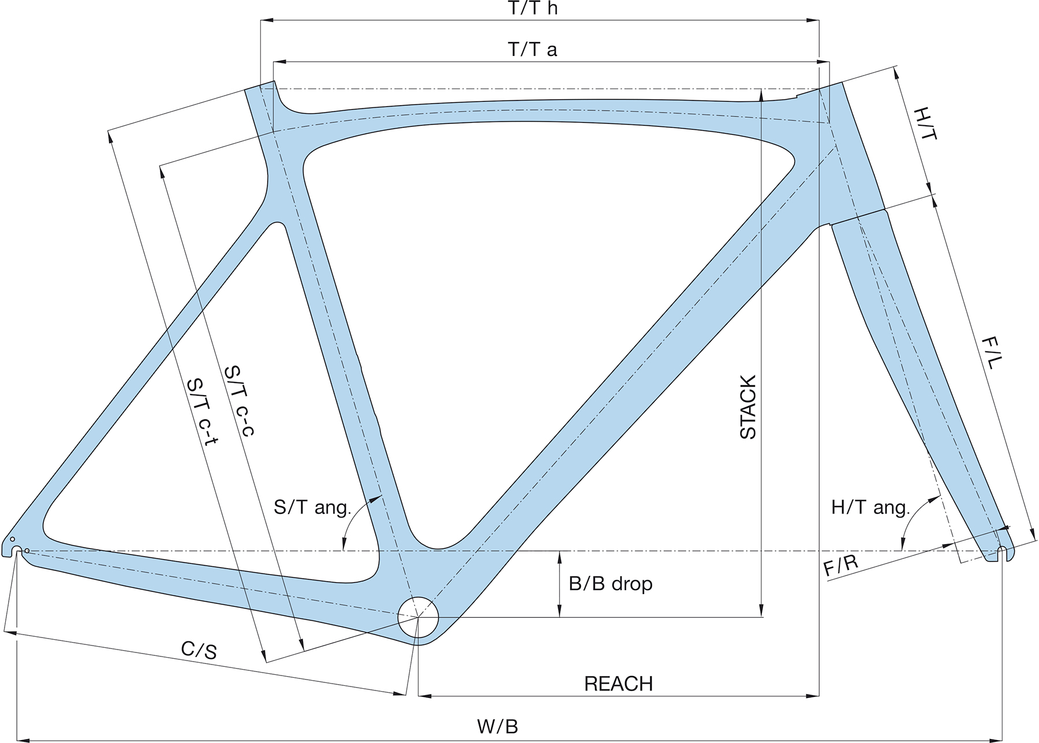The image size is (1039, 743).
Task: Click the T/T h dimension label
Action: click(x=533, y=9)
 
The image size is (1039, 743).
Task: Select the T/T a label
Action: click(x=533, y=50)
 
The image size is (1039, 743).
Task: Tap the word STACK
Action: click(x=748, y=407)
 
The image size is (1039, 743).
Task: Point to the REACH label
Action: click(x=618, y=684)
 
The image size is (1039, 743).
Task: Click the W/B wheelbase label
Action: click(x=498, y=726)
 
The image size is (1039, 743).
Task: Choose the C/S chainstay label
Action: click(x=199, y=650)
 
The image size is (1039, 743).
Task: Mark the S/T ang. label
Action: click(x=312, y=508)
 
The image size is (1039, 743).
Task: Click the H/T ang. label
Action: click(x=870, y=508)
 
